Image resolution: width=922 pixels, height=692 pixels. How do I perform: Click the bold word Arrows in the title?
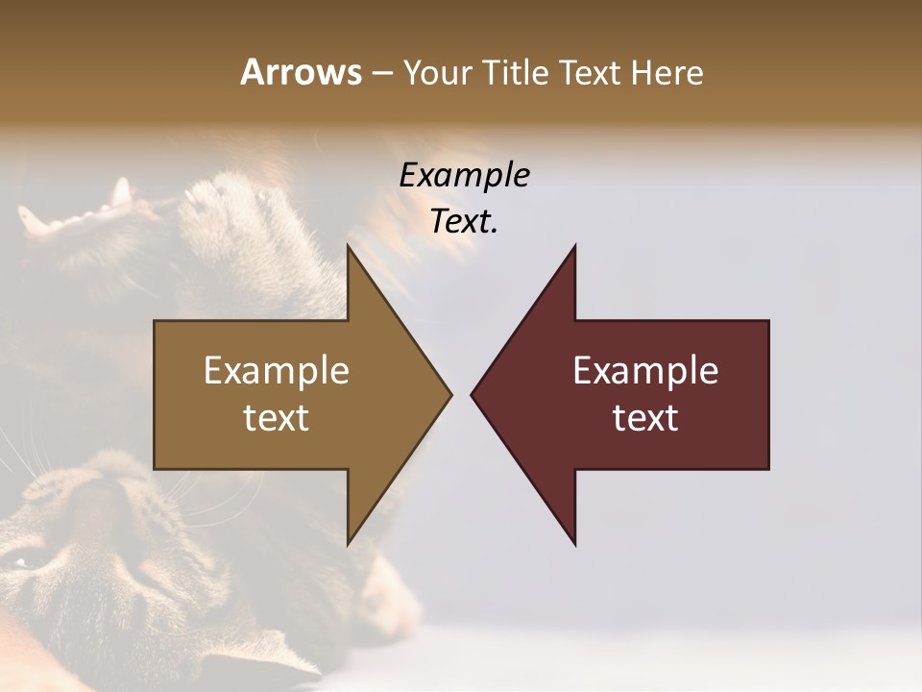(301, 72)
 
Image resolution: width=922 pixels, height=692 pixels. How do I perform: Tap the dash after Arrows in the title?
(381, 73)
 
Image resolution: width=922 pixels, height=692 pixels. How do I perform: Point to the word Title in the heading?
(515, 73)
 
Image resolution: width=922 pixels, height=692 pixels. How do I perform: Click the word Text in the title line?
(591, 73)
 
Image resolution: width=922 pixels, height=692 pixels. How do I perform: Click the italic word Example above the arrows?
(464, 176)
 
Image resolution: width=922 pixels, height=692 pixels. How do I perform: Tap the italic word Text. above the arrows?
(464, 222)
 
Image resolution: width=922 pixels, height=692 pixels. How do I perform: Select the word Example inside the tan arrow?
(277, 371)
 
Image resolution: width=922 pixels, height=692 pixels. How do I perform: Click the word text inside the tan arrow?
(277, 418)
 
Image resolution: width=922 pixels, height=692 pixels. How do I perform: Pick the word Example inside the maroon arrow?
(645, 371)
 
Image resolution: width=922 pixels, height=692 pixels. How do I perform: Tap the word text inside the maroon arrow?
(645, 418)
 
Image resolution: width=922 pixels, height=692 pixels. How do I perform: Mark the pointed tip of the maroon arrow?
(473, 394)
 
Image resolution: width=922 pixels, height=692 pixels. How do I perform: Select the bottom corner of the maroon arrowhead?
(574, 543)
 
